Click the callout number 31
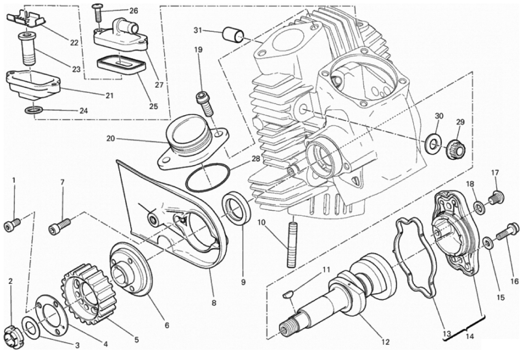click(x=198, y=30)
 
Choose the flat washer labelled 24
click(x=34, y=110)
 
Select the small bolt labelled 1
click(x=12, y=225)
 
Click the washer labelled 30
click(x=434, y=144)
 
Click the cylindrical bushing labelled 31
click(x=235, y=35)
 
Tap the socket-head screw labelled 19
click(x=205, y=103)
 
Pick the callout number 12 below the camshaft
click(x=385, y=342)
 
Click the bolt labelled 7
click(x=60, y=226)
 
